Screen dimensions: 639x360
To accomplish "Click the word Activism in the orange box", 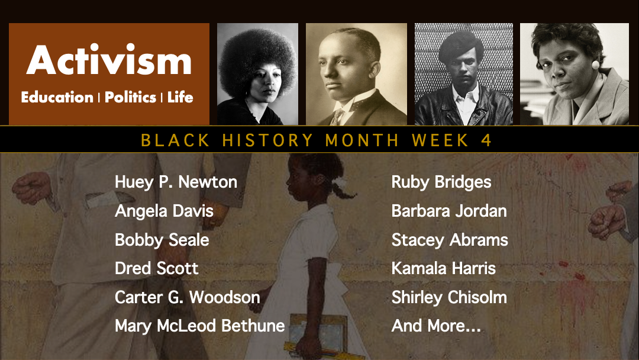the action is [x=109, y=60].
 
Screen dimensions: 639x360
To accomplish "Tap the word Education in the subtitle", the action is [x=57, y=98].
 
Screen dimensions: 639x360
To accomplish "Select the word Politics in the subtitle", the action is [x=130, y=98].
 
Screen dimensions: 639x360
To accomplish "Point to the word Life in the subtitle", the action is [x=180, y=98].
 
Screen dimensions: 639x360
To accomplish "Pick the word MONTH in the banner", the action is [x=362, y=140].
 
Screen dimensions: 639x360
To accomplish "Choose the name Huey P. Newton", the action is [x=176, y=182].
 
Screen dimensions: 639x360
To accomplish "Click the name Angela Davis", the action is [x=164, y=211].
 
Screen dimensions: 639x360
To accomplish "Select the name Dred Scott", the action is [x=156, y=269].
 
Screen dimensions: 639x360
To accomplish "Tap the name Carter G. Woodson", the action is [x=188, y=297].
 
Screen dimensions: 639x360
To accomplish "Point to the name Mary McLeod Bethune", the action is [x=200, y=326].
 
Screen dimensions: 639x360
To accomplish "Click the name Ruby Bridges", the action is [x=441, y=182].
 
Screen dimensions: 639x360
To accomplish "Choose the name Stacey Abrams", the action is [x=450, y=240].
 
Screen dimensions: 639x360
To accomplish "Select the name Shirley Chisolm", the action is [x=449, y=297].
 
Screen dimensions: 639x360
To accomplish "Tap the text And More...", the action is [x=436, y=326].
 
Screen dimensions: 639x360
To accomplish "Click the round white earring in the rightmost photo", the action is [x=596, y=65].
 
